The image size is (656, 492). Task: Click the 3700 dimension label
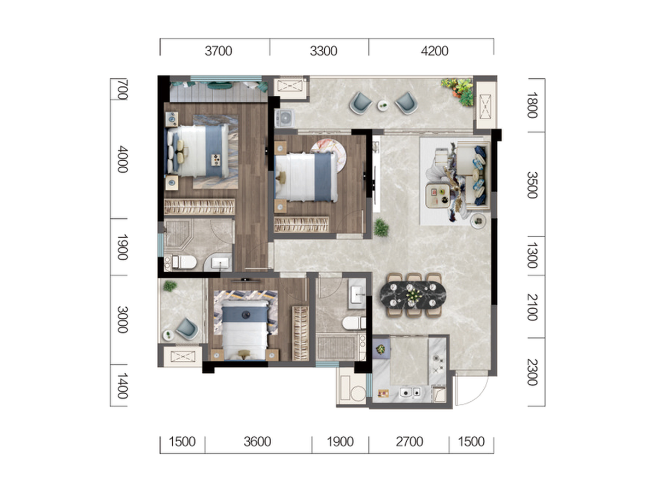point(218,51)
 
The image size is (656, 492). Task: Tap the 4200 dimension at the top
point(435,51)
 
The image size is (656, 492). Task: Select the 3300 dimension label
point(324,51)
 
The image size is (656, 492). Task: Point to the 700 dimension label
point(122,89)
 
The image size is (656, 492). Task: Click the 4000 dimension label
point(122,159)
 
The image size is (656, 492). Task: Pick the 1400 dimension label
point(122,385)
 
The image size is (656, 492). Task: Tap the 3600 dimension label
point(257,442)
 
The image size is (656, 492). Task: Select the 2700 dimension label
point(409,442)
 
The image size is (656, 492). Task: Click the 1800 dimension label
point(532,105)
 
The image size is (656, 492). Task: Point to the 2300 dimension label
point(532,372)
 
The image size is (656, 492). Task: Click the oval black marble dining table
point(413,294)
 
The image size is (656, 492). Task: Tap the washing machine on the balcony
point(284,118)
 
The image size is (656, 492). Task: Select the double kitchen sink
point(411,391)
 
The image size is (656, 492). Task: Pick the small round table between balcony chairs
point(383,105)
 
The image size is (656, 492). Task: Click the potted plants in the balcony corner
point(458,91)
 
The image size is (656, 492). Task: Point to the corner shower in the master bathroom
point(178,235)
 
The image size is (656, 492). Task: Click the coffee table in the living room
point(438,196)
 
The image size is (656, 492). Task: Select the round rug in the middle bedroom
point(329,155)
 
